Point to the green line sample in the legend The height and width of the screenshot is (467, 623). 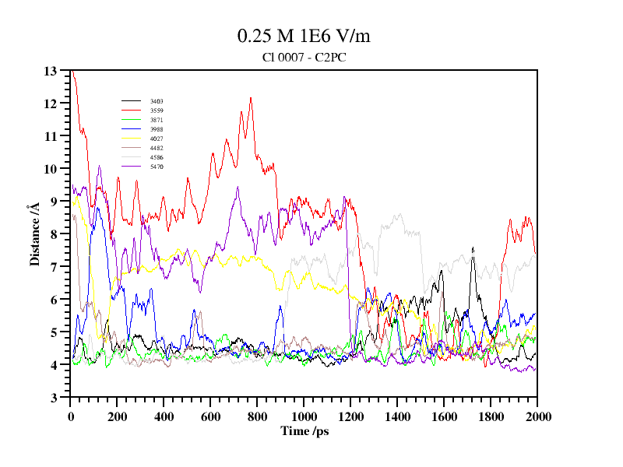(131, 120)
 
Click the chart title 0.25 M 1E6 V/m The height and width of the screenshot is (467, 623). (309, 37)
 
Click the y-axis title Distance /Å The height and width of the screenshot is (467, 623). (34, 234)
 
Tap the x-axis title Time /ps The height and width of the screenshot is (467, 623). (304, 430)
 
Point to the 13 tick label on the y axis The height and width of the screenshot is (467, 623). (51, 71)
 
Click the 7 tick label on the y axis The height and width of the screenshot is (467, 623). (55, 267)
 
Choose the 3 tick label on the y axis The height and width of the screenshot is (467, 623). (55, 398)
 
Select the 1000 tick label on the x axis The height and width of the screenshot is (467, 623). (304, 416)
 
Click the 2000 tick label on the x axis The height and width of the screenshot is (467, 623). (537, 416)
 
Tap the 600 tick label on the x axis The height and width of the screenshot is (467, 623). (210, 416)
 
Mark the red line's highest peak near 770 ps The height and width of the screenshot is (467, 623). (251, 98)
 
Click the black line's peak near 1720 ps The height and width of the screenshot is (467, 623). (473, 248)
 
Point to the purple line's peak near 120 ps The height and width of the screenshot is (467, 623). (100, 166)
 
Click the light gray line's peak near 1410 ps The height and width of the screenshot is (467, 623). (400, 214)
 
